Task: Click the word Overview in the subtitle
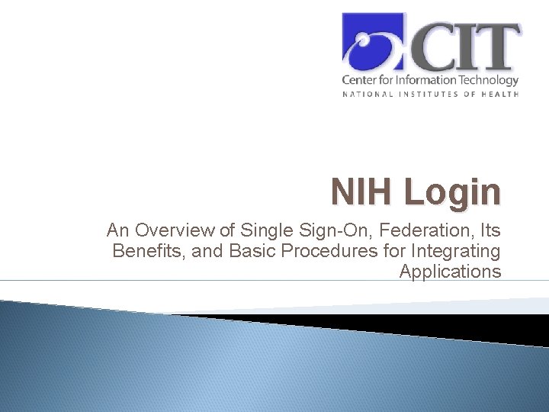[x=163, y=230]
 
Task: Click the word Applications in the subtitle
[x=450, y=272]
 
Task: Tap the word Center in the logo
[x=358, y=79]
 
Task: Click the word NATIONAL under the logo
[x=368, y=94]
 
